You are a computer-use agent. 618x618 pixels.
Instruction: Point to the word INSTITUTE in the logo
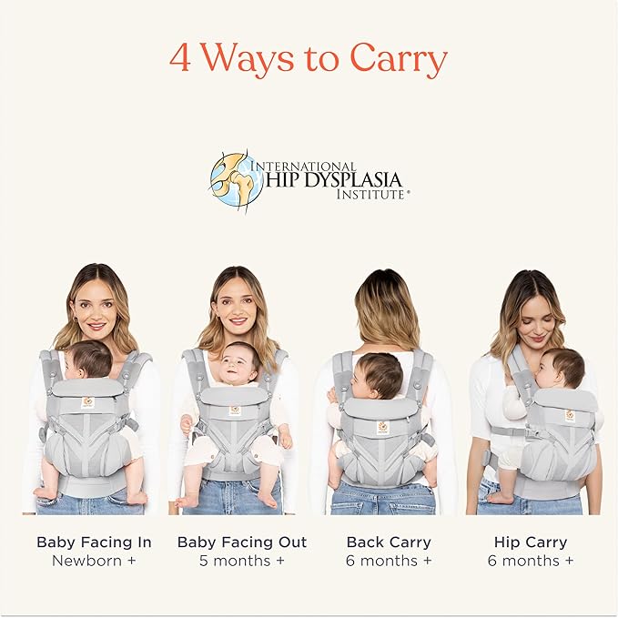click(x=370, y=195)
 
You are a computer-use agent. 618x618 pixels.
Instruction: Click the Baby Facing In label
click(x=94, y=542)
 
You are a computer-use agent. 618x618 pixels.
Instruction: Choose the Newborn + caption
click(x=94, y=561)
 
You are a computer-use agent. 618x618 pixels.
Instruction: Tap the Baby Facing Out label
click(x=241, y=542)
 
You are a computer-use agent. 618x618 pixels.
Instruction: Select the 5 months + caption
click(x=241, y=561)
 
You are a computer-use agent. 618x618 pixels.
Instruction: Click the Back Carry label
click(x=389, y=542)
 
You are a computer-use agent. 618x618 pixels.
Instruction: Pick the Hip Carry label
click(x=531, y=542)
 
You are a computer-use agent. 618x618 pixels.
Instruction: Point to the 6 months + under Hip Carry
click(x=531, y=561)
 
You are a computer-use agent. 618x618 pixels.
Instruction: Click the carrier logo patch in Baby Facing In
click(x=88, y=401)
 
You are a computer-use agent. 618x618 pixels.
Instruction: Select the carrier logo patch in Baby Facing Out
click(x=235, y=410)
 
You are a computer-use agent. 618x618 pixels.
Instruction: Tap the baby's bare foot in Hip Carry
click(x=499, y=497)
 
